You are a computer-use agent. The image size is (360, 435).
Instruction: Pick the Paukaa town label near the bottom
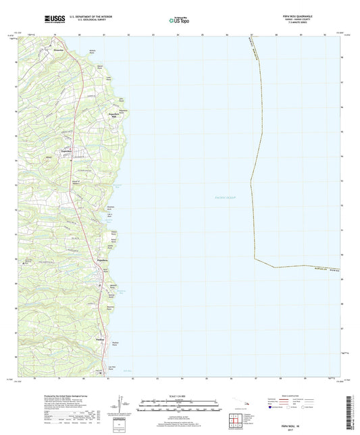101,339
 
